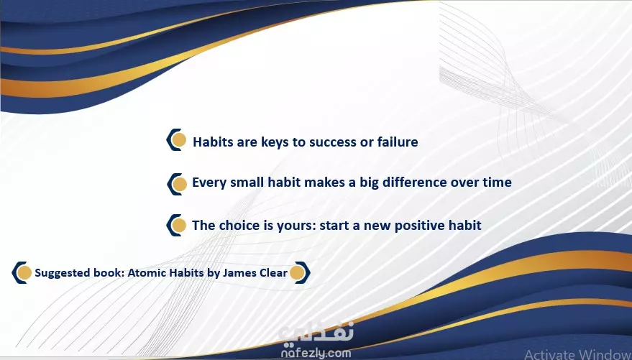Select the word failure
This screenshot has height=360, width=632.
pyautogui.click(x=398, y=142)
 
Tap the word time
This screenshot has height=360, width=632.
pyautogui.click(x=497, y=182)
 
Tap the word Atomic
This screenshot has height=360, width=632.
pyautogui.click(x=147, y=272)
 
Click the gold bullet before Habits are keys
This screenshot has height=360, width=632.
pyautogui.click(x=178, y=140)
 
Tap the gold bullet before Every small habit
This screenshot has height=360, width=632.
pyautogui.click(x=179, y=184)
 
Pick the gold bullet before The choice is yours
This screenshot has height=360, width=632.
pyautogui.click(x=179, y=226)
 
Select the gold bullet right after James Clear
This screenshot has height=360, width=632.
pyautogui.click(x=297, y=272)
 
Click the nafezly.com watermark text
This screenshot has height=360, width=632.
pyautogui.click(x=316, y=353)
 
